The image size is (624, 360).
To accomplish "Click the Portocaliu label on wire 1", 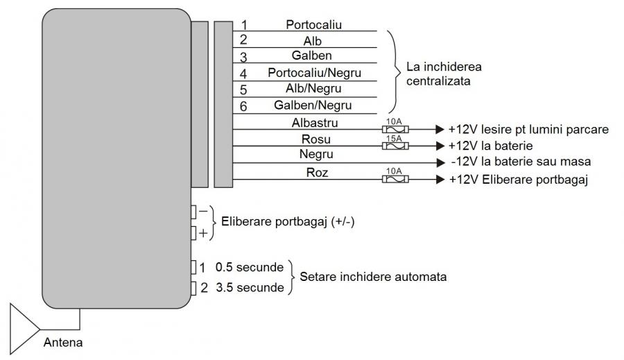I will click(314, 24).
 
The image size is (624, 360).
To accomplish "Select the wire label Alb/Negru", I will click(313, 89).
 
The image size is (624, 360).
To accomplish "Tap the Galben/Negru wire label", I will click(313, 105).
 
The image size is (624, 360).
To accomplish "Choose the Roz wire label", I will click(315, 173).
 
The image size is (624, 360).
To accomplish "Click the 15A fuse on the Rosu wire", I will click(395, 146).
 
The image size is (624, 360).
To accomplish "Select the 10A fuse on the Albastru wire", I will click(395, 129).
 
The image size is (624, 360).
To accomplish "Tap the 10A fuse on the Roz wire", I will click(395, 180).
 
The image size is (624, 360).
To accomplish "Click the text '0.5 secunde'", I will click(249, 267).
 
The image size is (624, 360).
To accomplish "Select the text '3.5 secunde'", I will click(249, 287).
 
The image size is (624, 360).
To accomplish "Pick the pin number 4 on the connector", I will click(243, 73).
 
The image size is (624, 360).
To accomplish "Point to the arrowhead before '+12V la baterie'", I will click(438, 146).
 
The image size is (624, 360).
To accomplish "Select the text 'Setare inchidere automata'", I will click(372, 277).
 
